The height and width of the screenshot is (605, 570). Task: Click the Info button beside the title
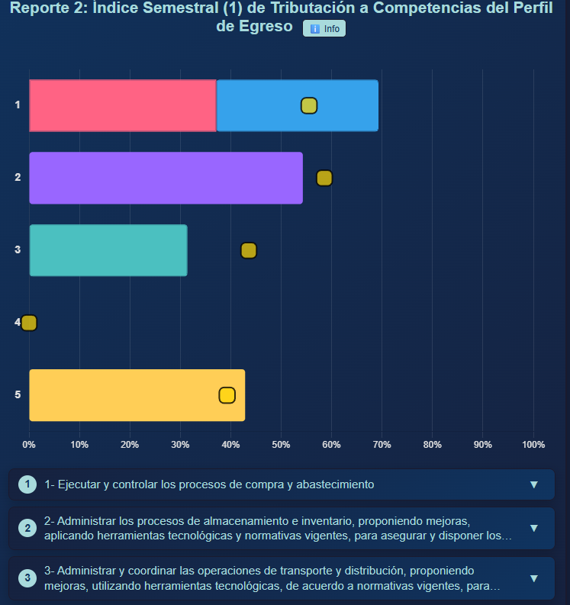click(324, 28)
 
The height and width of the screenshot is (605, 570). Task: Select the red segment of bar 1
click(122, 105)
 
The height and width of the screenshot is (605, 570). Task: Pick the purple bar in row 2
click(166, 178)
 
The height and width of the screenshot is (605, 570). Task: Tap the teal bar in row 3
click(108, 250)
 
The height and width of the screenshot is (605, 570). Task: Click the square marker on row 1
click(309, 106)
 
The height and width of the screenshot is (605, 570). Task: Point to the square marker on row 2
click(324, 178)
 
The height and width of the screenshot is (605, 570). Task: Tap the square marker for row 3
click(249, 250)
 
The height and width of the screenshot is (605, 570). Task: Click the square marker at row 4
click(29, 323)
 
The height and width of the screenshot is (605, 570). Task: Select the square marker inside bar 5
click(227, 395)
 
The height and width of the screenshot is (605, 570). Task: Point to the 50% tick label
click(282, 445)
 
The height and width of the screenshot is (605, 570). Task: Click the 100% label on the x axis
click(533, 445)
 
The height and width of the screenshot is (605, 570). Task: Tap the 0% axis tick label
click(29, 445)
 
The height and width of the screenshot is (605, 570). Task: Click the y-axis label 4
click(18, 323)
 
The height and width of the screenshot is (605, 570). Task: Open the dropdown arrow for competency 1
click(533, 484)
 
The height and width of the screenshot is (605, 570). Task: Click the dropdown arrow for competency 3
click(533, 578)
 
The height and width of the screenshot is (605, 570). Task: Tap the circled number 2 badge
click(27, 528)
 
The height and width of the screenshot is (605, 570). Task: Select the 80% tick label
click(432, 445)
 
